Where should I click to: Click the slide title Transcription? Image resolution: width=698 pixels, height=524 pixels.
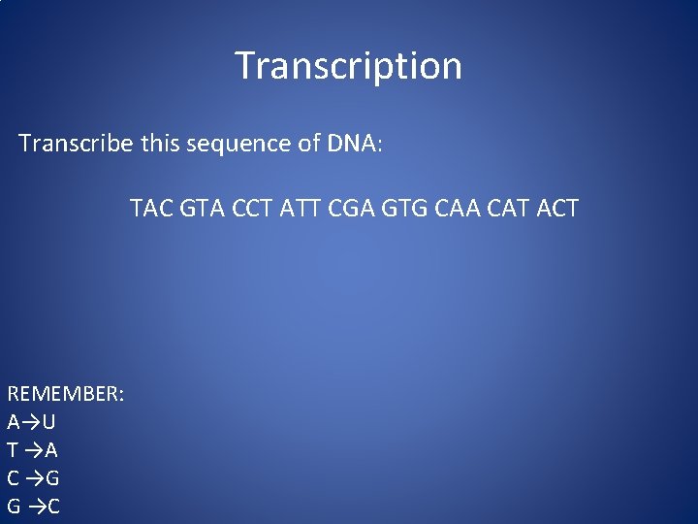pyautogui.click(x=348, y=66)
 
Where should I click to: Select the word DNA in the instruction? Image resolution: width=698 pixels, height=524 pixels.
pyautogui.click(x=355, y=144)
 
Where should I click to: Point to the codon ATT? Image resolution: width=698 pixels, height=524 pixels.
pyautogui.click(x=303, y=208)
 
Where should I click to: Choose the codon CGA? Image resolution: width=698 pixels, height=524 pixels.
pyautogui.click(x=354, y=208)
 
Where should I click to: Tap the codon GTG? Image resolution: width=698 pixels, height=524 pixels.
pyautogui.click(x=406, y=208)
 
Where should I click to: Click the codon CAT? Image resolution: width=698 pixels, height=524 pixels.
pyautogui.click(x=509, y=208)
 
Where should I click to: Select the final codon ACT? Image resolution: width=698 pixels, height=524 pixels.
pyautogui.click(x=557, y=208)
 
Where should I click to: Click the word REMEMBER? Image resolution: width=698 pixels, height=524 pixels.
pyautogui.click(x=63, y=394)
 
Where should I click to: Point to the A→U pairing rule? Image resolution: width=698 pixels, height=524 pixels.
pyautogui.click(x=31, y=422)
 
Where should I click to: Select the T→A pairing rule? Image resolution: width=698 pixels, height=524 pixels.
pyautogui.click(x=32, y=450)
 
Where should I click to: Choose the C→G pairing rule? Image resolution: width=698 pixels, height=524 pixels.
pyautogui.click(x=33, y=478)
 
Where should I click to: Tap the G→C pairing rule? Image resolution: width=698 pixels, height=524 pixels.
pyautogui.click(x=33, y=507)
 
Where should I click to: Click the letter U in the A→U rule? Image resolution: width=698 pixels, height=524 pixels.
pyautogui.click(x=48, y=422)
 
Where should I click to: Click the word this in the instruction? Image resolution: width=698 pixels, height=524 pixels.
pyautogui.click(x=167, y=144)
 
